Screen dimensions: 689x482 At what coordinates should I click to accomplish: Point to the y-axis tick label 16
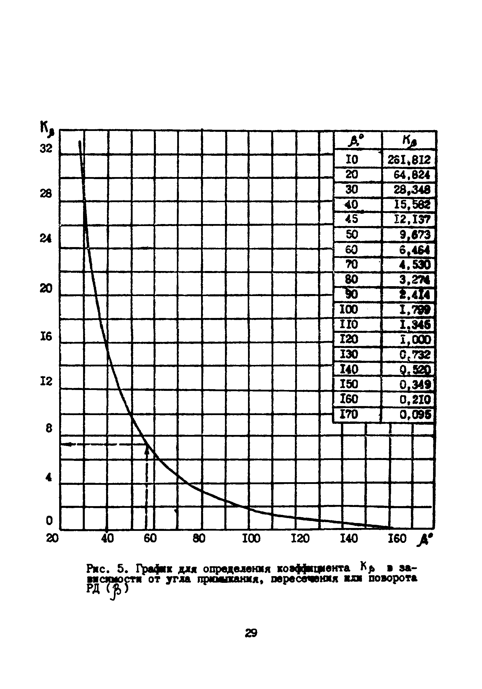[x=46, y=337]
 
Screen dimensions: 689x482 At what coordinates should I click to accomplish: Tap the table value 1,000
[x=415, y=340]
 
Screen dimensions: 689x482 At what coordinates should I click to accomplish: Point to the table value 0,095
[x=416, y=415]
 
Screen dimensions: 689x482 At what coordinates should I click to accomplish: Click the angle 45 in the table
[x=352, y=219]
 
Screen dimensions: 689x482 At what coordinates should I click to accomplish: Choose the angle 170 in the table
[x=349, y=415]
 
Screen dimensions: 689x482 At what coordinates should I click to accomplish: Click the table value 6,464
[x=415, y=250]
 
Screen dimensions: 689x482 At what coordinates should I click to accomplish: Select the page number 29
[x=251, y=633]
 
